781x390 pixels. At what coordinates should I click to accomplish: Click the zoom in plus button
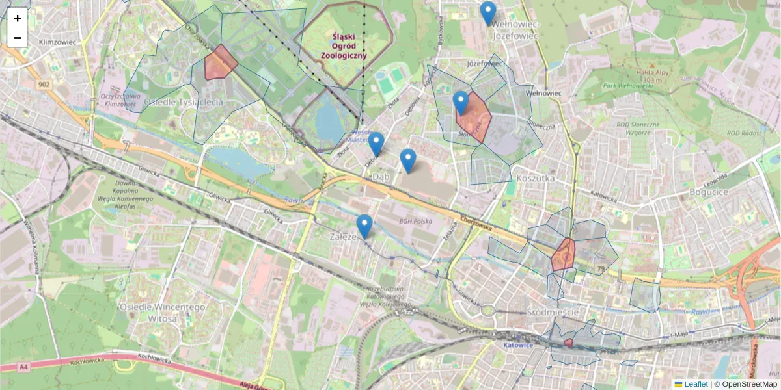(x=18, y=18)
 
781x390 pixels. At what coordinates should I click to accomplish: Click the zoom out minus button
(x=18, y=38)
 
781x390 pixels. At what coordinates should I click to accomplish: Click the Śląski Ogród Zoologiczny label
(x=343, y=46)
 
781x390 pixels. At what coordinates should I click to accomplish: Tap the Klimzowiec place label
(x=58, y=42)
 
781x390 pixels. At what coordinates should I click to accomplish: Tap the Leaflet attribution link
(x=695, y=384)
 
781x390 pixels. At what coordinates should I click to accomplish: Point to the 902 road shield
(x=44, y=84)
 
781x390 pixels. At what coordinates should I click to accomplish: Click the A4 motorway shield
(x=24, y=367)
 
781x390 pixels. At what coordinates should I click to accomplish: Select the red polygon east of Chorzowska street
(x=562, y=255)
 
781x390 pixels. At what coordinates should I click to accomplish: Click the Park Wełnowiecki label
(x=627, y=86)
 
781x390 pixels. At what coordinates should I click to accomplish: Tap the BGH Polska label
(x=415, y=221)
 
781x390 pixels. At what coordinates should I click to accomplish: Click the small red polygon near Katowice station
(x=568, y=343)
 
